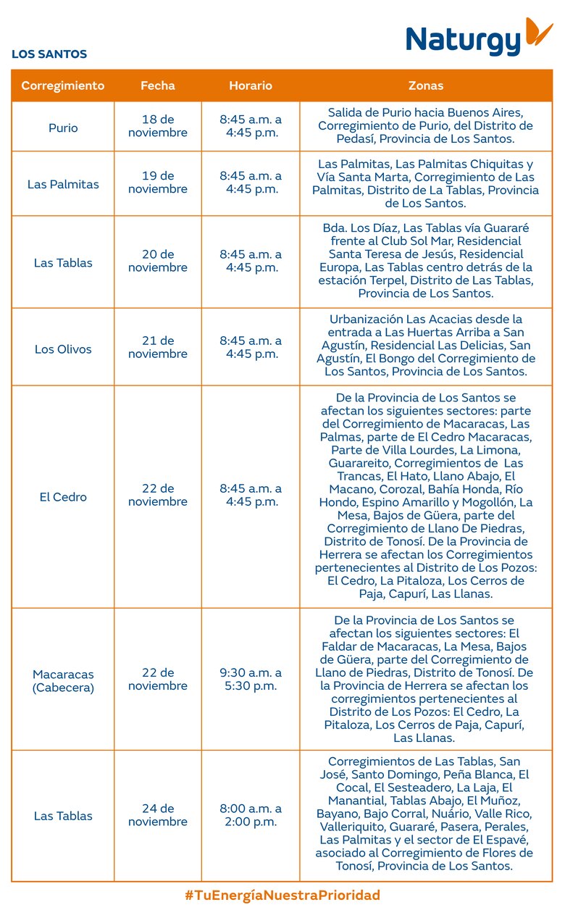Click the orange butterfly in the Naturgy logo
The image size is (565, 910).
[538, 32]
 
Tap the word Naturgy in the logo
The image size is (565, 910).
[464, 41]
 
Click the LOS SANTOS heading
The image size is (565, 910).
[49, 54]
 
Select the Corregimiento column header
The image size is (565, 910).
[63, 85]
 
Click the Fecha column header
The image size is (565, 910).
[158, 85]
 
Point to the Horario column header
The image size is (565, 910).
[251, 85]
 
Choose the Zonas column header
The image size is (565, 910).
[426, 85]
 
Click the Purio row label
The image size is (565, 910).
[63, 128]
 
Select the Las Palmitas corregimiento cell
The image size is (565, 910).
[63, 184]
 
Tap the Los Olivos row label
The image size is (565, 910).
[63, 349]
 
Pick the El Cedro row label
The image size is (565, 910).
[63, 497]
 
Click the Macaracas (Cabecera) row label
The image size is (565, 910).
[63, 681]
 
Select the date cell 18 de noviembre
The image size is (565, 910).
[158, 126]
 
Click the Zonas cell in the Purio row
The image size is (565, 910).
[426, 126]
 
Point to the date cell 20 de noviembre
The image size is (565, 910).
[158, 261]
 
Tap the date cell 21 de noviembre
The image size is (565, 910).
[158, 347]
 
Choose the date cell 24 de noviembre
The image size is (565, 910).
[158, 815]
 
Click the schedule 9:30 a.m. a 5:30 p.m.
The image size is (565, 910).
[251, 680]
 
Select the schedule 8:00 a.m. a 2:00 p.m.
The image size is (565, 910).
[251, 815]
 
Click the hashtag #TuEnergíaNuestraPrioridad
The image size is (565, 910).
[282, 896]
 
